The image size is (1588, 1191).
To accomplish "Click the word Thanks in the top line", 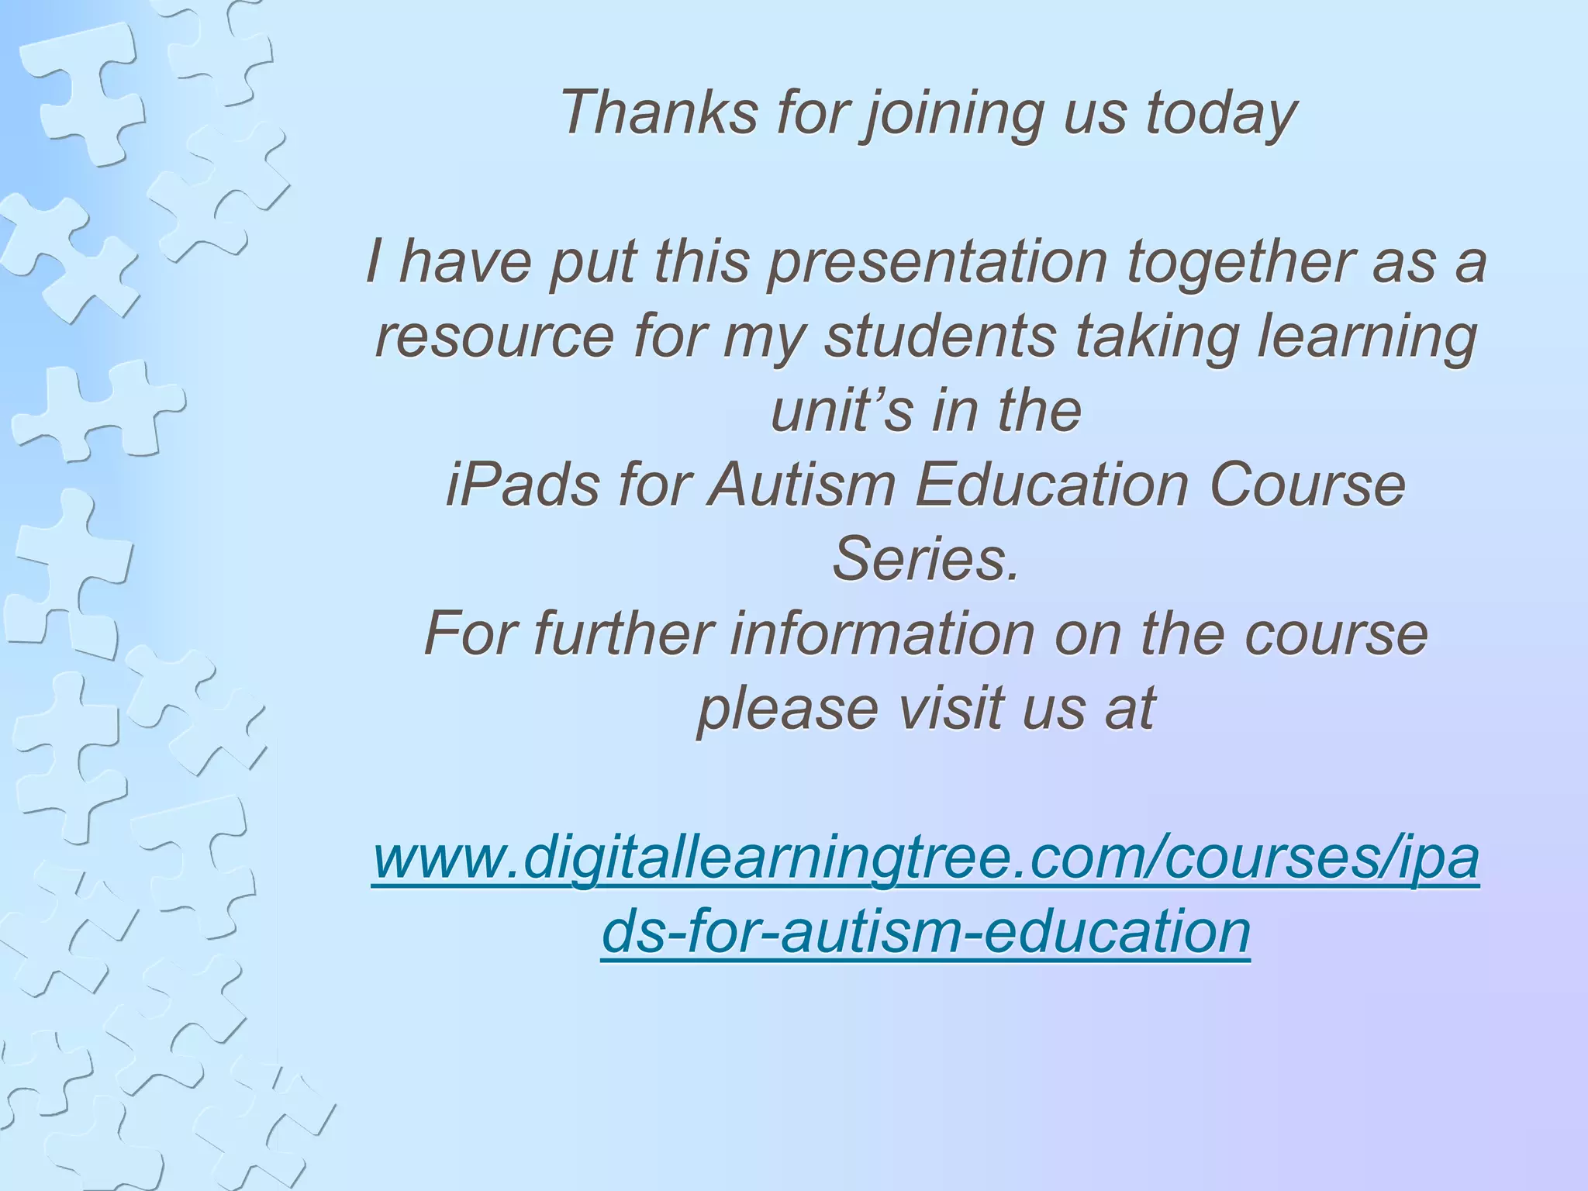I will click(x=658, y=113).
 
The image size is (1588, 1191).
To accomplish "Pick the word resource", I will click(x=494, y=337).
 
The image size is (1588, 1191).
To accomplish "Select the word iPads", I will click(x=522, y=485).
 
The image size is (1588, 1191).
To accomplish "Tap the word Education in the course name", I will click(x=1051, y=485).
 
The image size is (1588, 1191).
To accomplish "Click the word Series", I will click(x=925, y=560).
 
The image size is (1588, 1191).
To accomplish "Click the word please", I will click(x=788, y=709).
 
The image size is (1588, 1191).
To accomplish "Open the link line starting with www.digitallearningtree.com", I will click(x=926, y=859).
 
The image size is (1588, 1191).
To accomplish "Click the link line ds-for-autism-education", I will click(x=926, y=933).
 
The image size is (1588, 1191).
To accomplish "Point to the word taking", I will click(x=1156, y=337).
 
